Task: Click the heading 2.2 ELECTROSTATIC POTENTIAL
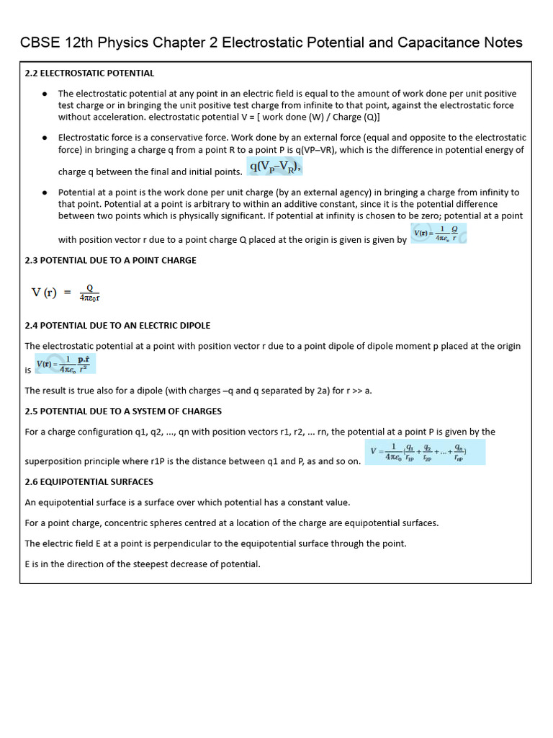point(89,74)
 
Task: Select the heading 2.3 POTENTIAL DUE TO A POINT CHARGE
point(110,260)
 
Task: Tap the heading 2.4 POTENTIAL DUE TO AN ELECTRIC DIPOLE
point(117,326)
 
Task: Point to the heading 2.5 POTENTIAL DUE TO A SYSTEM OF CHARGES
point(123,412)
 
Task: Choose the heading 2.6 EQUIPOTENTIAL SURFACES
point(89,482)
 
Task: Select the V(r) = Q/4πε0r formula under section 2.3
point(66,293)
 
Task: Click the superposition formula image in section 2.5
point(425,452)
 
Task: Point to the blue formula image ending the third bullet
point(439,234)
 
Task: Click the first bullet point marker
point(45,94)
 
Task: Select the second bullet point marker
point(45,137)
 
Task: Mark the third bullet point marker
point(45,192)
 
